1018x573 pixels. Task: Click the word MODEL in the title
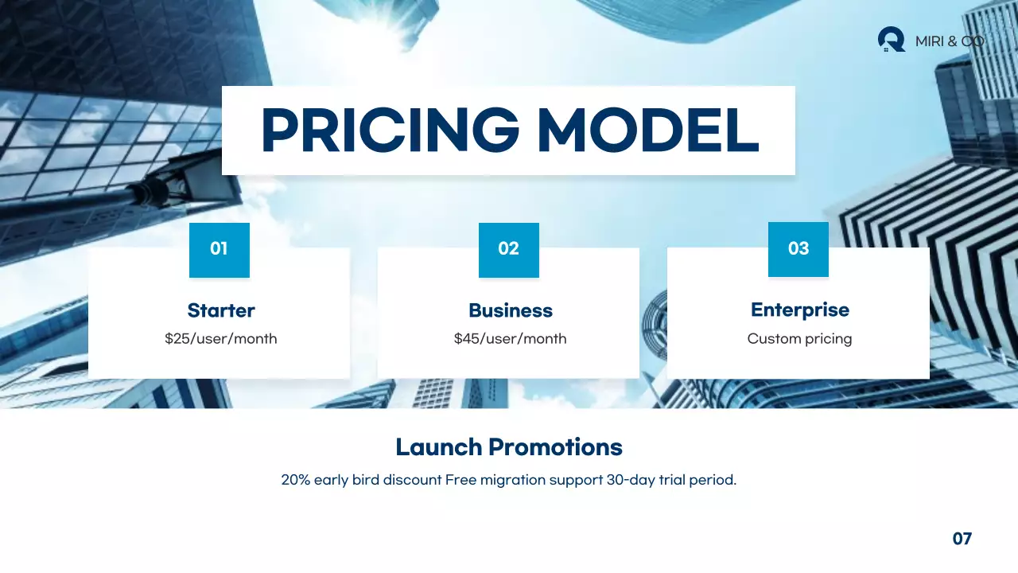pyautogui.click(x=647, y=131)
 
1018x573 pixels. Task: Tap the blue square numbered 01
pyautogui.click(x=219, y=249)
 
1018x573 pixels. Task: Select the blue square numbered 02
pyautogui.click(x=508, y=249)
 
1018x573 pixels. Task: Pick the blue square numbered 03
pyautogui.click(x=798, y=249)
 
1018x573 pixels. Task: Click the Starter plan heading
pyautogui.click(x=221, y=310)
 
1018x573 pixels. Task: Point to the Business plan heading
pyautogui.click(x=510, y=310)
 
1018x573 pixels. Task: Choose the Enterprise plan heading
pyautogui.click(x=799, y=310)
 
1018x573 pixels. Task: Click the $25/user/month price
pyautogui.click(x=221, y=339)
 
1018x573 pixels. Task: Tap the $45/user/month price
pyautogui.click(x=510, y=339)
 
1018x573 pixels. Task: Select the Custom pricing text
pyautogui.click(x=799, y=339)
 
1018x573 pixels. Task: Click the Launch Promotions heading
pyautogui.click(x=509, y=447)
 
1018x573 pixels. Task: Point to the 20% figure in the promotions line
pyautogui.click(x=295, y=481)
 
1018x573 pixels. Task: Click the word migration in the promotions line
pyautogui.click(x=510, y=481)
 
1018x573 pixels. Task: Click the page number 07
pyautogui.click(x=962, y=539)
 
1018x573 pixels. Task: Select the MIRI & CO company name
pyautogui.click(x=949, y=41)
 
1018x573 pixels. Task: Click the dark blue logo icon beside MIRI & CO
pyautogui.click(x=892, y=39)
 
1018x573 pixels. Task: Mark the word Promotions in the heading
pyautogui.click(x=555, y=447)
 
